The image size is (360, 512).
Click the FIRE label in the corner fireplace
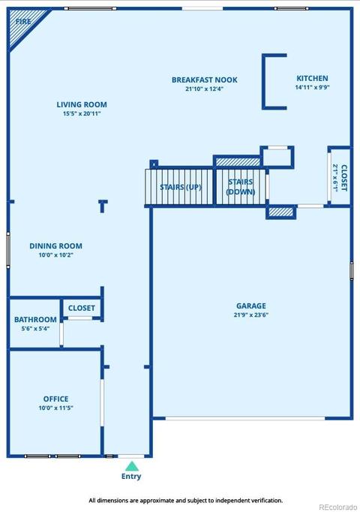coord(23,22)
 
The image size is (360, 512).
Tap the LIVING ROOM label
coord(82,104)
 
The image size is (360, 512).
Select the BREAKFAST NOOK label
coord(205,80)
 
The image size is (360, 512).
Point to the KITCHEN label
coord(312,78)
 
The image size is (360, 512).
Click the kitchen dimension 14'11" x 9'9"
coord(313,87)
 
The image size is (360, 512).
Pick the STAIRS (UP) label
coord(181,187)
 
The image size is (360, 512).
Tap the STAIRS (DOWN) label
coord(241,187)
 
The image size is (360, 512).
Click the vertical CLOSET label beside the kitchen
coord(344,178)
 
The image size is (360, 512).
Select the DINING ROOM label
coord(55,246)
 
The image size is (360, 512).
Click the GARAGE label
coord(251,306)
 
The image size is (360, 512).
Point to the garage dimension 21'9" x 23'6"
coord(251,315)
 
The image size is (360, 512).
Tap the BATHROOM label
coord(35,319)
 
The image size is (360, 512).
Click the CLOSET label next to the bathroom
coord(82,308)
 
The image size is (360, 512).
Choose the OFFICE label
coord(55,399)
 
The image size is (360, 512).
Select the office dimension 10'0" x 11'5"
coord(55,408)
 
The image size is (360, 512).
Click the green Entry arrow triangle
coord(131,466)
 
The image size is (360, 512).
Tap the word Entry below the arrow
coord(131,477)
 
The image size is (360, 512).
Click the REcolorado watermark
coord(337,507)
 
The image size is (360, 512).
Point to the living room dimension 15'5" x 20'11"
coord(82,113)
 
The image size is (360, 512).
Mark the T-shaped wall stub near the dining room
coord(103,206)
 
